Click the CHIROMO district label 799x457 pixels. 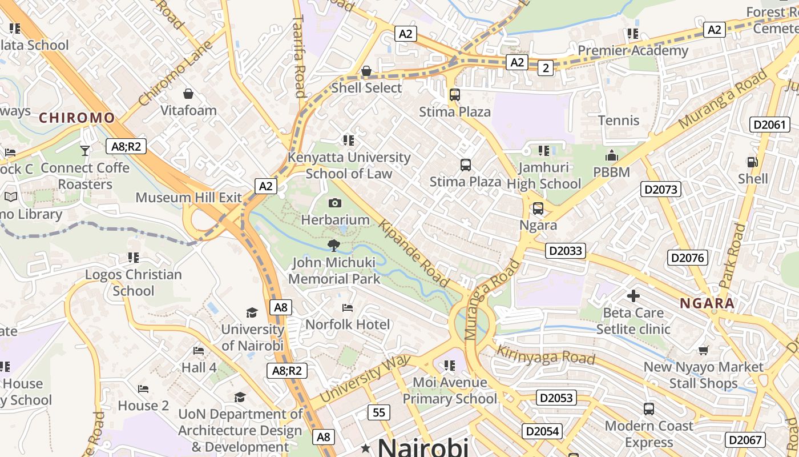coord(76,118)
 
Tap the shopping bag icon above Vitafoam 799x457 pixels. coord(188,93)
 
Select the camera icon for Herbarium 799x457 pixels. coord(335,203)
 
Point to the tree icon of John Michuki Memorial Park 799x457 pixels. coord(334,246)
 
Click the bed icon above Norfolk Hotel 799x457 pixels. coord(348,308)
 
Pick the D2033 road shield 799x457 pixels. coord(566,250)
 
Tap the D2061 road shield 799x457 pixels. coord(769,125)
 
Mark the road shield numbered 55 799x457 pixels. coord(380,412)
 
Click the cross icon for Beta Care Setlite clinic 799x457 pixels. coord(633,296)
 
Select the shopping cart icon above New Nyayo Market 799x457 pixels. coord(704,350)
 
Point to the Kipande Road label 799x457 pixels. coord(414,254)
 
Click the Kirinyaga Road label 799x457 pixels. coord(546,355)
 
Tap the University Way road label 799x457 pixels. coord(365,378)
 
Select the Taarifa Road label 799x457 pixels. coord(298,56)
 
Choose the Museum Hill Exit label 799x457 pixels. coord(188,198)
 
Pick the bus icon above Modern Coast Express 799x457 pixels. coord(649,409)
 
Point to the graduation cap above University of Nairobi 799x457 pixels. coord(252,312)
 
